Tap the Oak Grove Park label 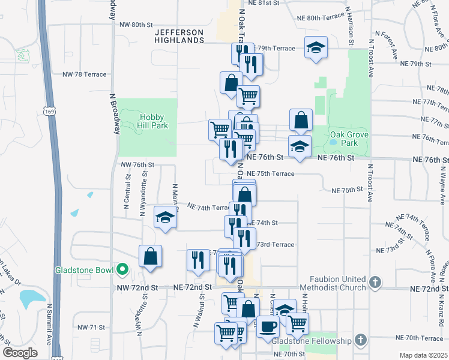click(349, 139)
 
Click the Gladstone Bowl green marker click(122, 269)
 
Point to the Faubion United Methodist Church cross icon click(375, 281)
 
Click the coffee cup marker click(267, 326)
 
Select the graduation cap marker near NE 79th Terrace click(314, 47)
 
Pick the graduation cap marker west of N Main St click(164, 217)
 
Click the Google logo click(19, 353)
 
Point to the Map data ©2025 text click(423, 355)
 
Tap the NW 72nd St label click(137, 288)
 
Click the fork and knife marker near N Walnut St click(197, 260)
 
